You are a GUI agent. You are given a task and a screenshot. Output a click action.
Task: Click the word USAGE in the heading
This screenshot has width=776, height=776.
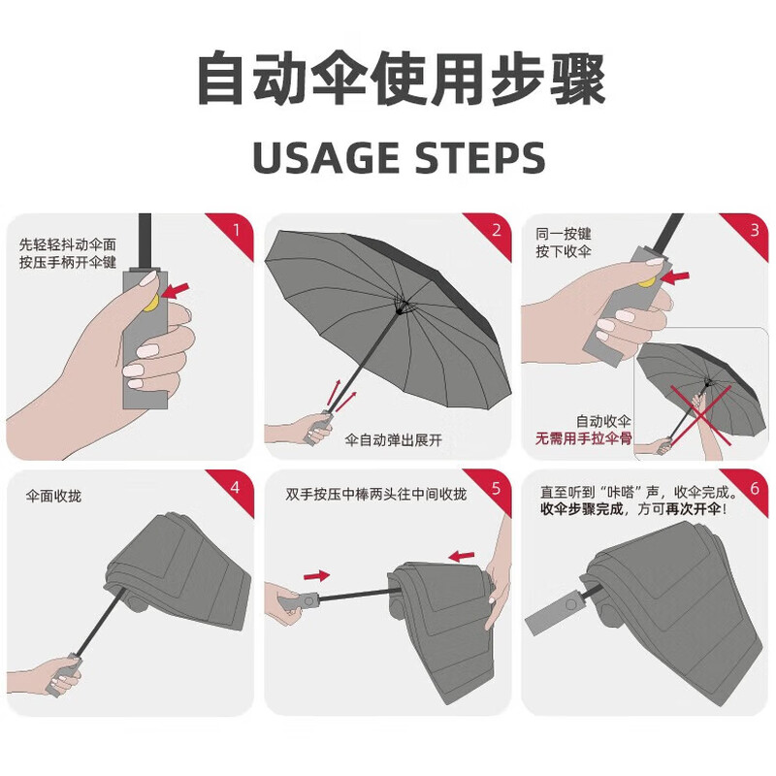326,158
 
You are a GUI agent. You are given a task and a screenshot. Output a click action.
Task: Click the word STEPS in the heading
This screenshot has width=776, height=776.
479,158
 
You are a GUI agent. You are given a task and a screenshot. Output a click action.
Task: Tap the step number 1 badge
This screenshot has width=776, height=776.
236,231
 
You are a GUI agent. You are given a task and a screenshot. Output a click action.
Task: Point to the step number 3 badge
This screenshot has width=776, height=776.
754,230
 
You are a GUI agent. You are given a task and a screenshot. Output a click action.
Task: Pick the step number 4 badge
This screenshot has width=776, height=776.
236,488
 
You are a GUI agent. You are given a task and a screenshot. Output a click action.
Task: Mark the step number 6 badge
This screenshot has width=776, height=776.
754,488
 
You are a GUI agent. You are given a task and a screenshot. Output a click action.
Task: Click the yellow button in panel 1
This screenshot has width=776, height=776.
151,303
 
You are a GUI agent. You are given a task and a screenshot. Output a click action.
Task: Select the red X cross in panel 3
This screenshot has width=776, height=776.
700,414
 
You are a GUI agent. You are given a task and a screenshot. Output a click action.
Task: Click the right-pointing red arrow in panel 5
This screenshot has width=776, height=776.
317,575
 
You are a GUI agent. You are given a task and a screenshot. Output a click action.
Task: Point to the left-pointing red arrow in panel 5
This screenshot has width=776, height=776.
462,556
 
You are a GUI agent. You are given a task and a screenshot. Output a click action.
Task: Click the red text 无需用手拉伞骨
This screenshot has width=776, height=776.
584,438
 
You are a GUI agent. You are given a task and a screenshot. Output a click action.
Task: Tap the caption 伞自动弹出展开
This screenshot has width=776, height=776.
394,440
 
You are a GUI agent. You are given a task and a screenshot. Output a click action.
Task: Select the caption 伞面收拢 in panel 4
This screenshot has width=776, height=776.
53,496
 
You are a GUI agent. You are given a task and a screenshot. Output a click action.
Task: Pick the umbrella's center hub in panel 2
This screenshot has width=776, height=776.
400,310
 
